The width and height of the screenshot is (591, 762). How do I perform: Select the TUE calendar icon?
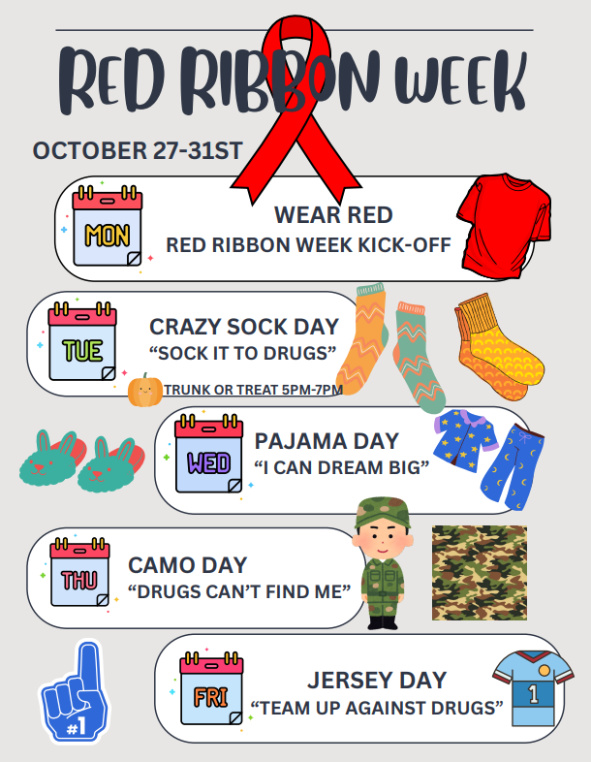coord(83,343)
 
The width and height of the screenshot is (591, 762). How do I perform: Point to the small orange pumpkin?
coord(144,390)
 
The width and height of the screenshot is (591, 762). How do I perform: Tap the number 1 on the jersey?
coord(532,693)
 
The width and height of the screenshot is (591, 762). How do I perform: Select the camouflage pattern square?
coord(479,572)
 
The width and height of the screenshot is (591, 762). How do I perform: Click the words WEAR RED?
coord(332,214)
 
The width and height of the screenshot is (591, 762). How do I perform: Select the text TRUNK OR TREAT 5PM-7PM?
coord(253,390)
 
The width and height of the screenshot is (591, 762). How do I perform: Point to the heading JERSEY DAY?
coord(376,679)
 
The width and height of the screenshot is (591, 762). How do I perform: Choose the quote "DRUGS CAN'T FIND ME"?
coord(238,590)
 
